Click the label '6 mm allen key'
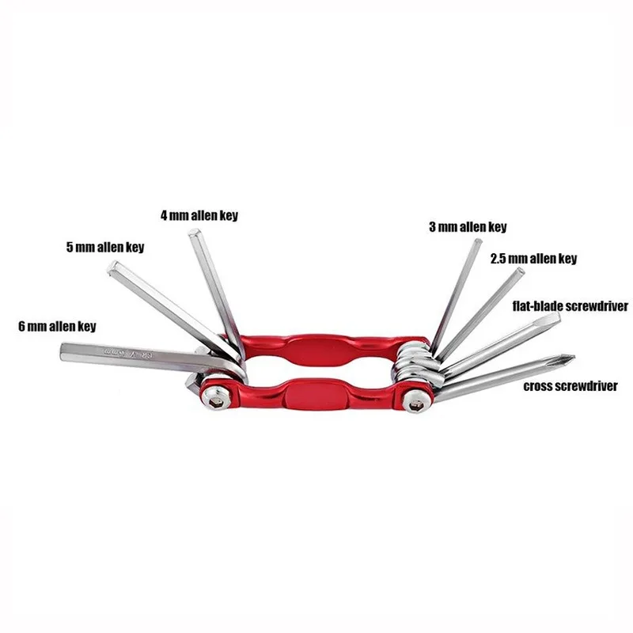click(57, 325)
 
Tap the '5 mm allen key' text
click(104, 247)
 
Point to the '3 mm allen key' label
click(467, 227)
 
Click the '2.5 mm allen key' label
click(533, 259)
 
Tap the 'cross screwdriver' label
click(570, 388)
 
